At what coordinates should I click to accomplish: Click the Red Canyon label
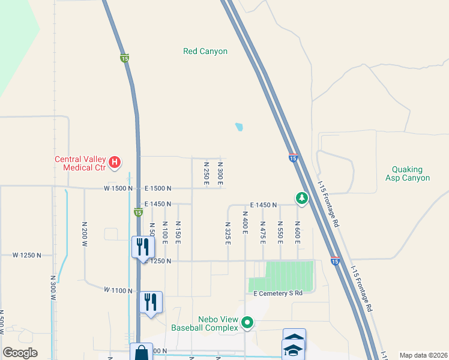point(205,52)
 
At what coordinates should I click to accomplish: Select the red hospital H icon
point(115,162)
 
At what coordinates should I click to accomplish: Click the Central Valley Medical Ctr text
point(80,163)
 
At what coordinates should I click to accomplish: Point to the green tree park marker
point(301,197)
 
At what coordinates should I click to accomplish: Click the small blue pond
point(240,127)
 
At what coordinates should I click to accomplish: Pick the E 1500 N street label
point(157,188)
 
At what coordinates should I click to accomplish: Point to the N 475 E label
point(263,232)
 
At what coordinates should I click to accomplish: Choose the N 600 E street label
point(297,232)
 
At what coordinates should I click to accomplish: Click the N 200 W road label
point(85,233)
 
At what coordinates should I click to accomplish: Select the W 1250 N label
point(28,255)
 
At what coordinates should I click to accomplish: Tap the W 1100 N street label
point(118,290)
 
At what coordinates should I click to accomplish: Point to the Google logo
point(20,353)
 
